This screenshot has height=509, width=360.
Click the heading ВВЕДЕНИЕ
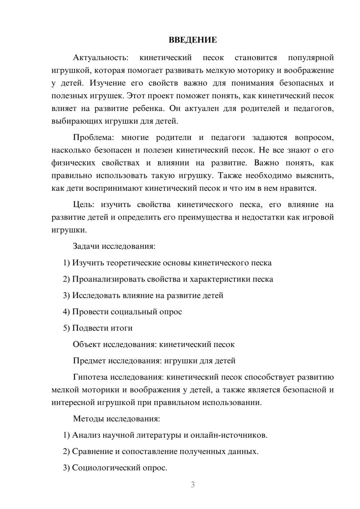pyautogui.click(x=193, y=40)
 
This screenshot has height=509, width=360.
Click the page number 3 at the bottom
pyautogui.click(x=193, y=485)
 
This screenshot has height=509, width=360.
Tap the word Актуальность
pyautogui.click(x=100, y=58)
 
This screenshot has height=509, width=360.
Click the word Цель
pyautogui.click(x=83, y=204)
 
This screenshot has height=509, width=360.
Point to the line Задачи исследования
pyautogui.click(x=114, y=246)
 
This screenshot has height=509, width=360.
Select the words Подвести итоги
pyautogui.click(x=102, y=328)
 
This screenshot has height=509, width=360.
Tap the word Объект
pyautogui.click(x=87, y=344)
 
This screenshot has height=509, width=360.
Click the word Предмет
pyautogui.click(x=89, y=360)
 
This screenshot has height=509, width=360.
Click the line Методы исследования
pyautogui.click(x=116, y=419)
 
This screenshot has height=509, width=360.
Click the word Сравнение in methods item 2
pyautogui.click(x=92, y=451)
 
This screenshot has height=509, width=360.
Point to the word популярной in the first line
pyautogui.click(x=311, y=58)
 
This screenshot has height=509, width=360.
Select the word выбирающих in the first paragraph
pyautogui.click(x=77, y=121)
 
